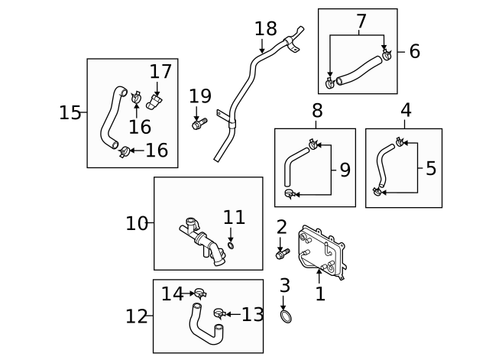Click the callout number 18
click(x=265, y=29)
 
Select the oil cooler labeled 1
click(x=322, y=248)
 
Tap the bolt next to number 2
click(x=282, y=251)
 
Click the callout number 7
click(x=361, y=22)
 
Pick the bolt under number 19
click(x=199, y=122)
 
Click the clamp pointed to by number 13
click(x=219, y=313)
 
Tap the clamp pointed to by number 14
click(x=200, y=292)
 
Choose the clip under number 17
click(x=157, y=102)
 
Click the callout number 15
click(x=70, y=112)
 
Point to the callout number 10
click(x=136, y=223)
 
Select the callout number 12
click(x=136, y=316)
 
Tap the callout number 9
click(x=345, y=169)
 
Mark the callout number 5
click(x=431, y=168)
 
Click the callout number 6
click(x=415, y=51)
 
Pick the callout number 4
click(x=406, y=110)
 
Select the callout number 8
click(x=317, y=111)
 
